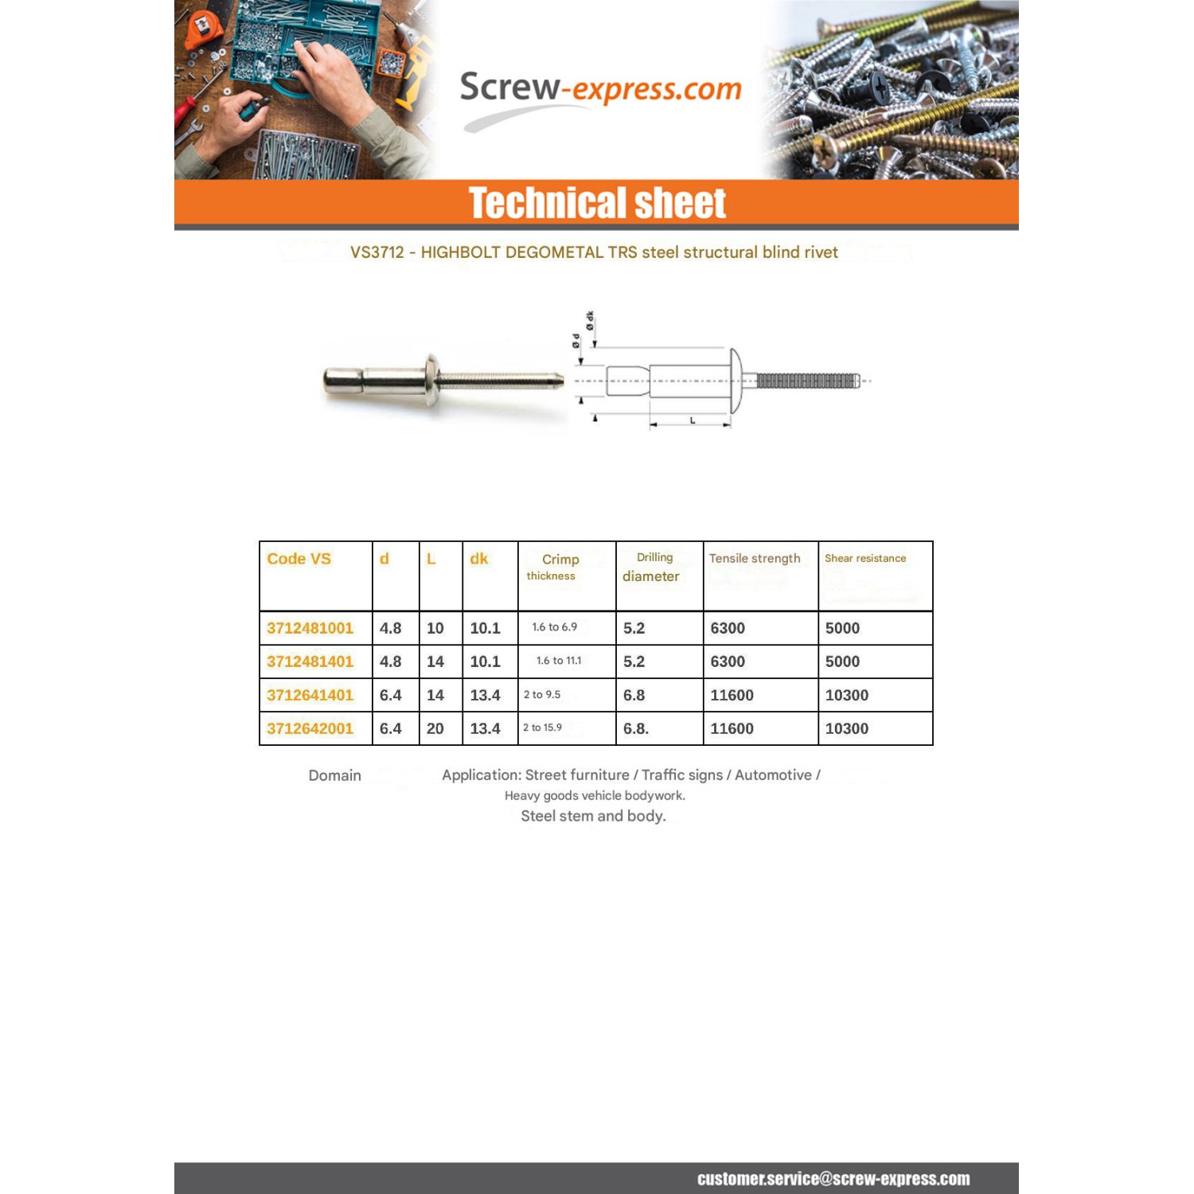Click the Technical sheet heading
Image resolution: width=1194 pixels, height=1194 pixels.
click(597, 203)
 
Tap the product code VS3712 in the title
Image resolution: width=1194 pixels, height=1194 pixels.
click(377, 252)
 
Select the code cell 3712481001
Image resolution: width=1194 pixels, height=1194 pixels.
click(310, 628)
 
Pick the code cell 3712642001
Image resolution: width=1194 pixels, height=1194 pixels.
click(310, 728)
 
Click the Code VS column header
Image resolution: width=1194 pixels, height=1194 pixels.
click(298, 559)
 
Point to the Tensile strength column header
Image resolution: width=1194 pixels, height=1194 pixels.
click(755, 559)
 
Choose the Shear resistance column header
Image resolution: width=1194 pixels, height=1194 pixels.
click(865, 559)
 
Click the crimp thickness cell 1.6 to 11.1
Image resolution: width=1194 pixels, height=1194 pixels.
click(559, 661)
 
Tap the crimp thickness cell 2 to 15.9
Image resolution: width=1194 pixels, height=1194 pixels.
click(542, 728)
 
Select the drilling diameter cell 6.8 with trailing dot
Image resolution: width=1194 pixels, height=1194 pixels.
click(636, 728)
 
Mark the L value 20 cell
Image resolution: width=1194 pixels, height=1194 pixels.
click(435, 728)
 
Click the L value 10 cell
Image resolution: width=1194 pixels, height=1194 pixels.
click(435, 628)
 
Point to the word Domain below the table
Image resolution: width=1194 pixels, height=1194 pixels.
click(334, 775)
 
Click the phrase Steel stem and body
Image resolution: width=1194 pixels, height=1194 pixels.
click(593, 816)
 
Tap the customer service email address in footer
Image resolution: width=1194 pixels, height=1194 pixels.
click(833, 1179)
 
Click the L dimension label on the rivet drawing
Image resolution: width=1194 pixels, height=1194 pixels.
click(693, 419)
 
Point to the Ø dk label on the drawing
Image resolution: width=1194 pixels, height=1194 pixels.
click(590, 321)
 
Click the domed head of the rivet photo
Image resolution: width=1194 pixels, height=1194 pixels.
click(431, 380)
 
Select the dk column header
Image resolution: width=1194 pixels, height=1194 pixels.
click(478, 559)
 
